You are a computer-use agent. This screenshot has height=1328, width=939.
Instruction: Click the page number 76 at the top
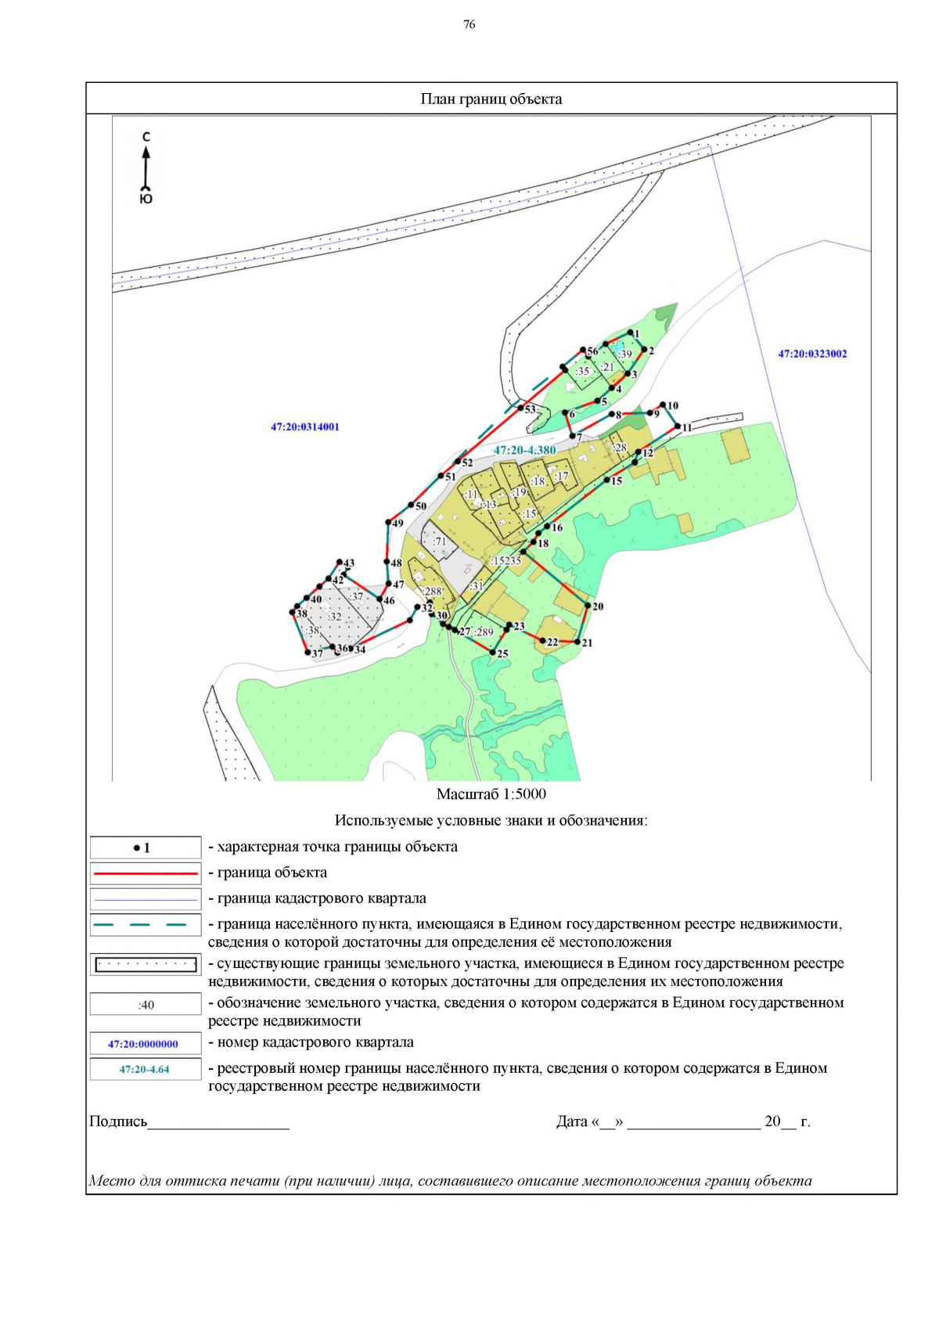coord(469,24)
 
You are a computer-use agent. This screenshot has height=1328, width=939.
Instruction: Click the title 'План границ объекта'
coord(491,99)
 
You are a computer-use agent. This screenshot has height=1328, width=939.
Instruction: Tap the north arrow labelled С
coord(146,166)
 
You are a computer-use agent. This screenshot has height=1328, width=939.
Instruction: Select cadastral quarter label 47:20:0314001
coord(305,426)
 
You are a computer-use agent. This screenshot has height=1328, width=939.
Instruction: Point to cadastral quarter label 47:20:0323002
coord(811,354)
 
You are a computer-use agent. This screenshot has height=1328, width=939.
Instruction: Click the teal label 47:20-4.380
coord(524,450)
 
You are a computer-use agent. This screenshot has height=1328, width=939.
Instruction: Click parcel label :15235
coord(506,560)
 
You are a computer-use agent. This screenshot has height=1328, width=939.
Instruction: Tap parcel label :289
coord(484,632)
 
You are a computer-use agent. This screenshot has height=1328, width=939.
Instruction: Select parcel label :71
coord(440,542)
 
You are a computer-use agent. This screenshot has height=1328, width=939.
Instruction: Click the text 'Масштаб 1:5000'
coord(491,794)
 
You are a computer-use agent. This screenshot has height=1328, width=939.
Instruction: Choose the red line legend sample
coord(146,873)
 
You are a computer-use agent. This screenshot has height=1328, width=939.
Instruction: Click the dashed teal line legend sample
coord(146,924)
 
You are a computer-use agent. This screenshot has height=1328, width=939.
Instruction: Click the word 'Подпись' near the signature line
coord(118,1121)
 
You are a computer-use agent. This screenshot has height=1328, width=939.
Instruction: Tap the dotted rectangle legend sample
coord(146,964)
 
